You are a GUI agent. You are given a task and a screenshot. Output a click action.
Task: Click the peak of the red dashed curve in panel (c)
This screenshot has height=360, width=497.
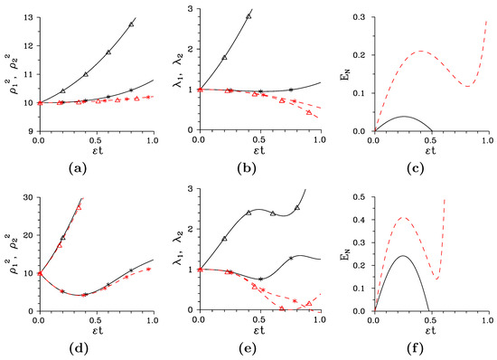[x=421, y=52]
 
